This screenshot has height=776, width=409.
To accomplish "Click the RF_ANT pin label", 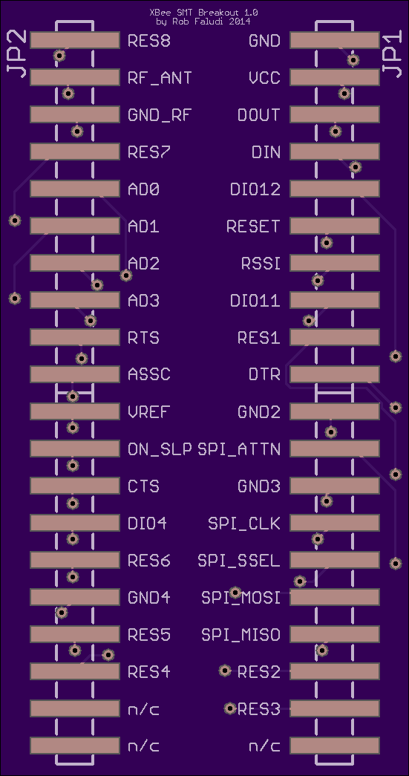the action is point(160,78).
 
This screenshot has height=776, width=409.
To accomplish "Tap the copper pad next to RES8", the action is point(75,40).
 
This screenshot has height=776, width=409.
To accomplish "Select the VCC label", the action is point(265,78).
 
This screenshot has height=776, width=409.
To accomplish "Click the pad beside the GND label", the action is point(334,40).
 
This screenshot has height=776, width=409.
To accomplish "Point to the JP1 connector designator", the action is point(393,56).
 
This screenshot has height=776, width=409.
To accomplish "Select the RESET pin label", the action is point(253,226).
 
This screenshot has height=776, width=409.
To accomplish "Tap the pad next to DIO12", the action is point(334,189).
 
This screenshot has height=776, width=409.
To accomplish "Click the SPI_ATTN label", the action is point(239,449).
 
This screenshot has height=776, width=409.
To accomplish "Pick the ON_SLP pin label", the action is point(160,449).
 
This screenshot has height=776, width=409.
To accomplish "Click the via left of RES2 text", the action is point(225,671).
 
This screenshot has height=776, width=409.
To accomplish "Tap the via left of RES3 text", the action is point(230,708).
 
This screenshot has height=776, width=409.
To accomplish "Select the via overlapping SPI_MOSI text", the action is point(235,592).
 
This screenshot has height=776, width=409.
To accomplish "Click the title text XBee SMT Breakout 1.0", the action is point(203,13).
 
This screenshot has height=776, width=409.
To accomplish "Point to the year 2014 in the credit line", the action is point(239,22).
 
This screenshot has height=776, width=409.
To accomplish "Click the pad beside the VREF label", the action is point(75,411).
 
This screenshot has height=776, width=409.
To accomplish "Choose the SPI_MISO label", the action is point(241,635).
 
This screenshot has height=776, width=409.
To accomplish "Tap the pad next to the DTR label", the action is point(334,374).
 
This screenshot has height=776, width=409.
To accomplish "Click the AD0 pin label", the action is point(143,189).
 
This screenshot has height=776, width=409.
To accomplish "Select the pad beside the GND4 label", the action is point(75,597).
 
